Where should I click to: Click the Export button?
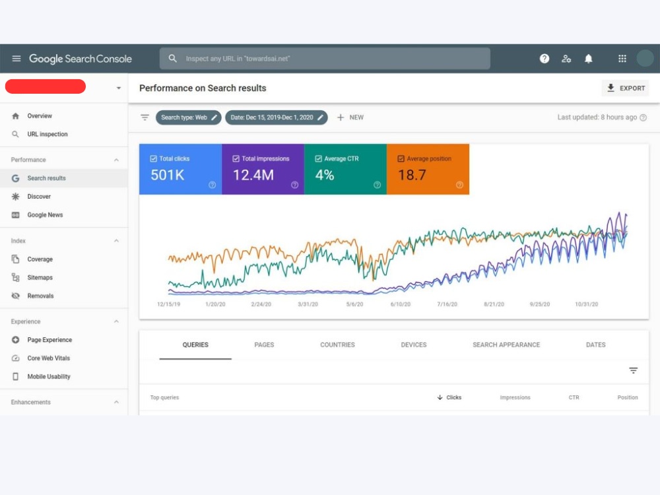[625, 88]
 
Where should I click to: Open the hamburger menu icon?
[16, 59]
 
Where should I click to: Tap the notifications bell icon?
[589, 59]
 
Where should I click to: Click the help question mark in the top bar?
[544, 59]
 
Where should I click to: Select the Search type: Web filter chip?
[188, 117]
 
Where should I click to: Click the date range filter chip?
[276, 117]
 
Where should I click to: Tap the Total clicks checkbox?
[154, 158]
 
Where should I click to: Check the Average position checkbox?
[401, 158]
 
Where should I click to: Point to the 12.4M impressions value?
[253, 175]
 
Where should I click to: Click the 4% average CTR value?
[325, 175]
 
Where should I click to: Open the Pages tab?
[264, 345]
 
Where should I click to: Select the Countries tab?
[337, 345]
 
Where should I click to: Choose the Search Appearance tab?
[506, 345]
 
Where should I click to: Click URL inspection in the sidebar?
[47, 134]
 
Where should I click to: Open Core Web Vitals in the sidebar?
[48, 358]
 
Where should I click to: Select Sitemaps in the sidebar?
[40, 277]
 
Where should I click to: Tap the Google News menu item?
[45, 214]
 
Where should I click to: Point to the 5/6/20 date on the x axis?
[354, 304]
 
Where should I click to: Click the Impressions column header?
[515, 397]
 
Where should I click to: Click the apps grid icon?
[622, 59]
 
